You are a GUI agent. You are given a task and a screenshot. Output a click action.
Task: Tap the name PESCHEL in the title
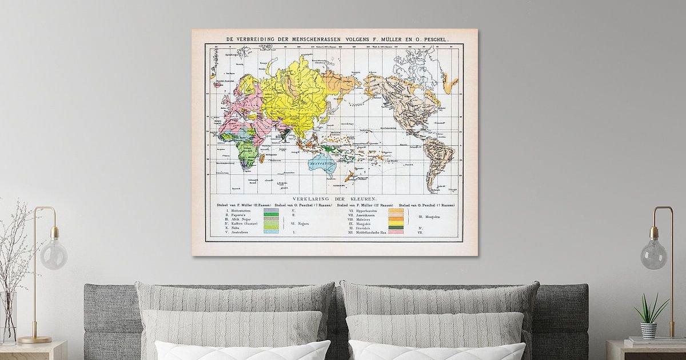431,39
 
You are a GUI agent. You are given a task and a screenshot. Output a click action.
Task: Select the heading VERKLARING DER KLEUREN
334,198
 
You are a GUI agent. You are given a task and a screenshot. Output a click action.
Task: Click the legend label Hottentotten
237,210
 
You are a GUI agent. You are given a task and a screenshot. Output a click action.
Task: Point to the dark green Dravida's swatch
396,228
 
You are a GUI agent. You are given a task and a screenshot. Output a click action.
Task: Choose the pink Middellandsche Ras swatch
396,233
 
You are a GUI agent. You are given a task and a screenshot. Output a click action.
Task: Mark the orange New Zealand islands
349,175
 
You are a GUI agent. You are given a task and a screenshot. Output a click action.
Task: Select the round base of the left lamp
34,339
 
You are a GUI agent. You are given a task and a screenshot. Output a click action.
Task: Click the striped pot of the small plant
648,330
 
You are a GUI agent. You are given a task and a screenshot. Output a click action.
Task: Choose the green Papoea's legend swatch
271,215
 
